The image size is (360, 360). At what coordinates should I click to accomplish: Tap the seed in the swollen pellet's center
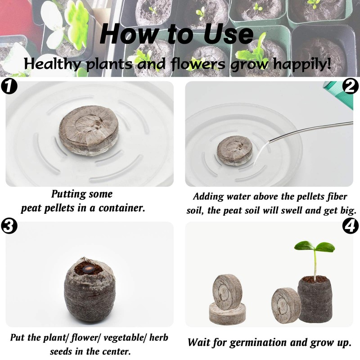click(x=88, y=269)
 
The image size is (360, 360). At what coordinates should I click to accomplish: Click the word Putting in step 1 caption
click(x=68, y=194)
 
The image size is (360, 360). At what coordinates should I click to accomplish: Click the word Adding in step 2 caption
click(x=208, y=197)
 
